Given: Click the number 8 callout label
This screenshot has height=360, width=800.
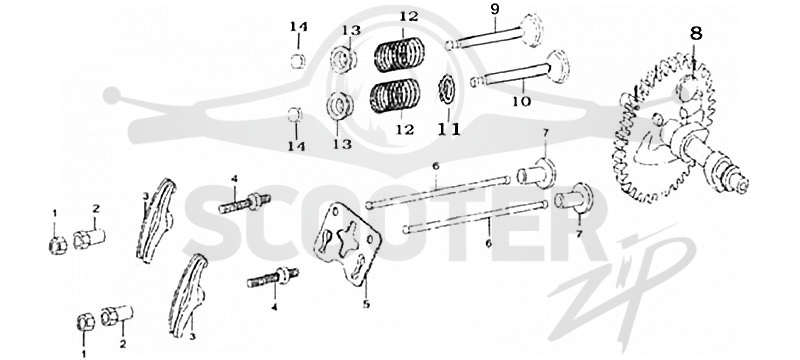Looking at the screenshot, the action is coord(696,34).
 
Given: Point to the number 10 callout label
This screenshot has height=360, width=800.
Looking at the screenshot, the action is coord(521,101).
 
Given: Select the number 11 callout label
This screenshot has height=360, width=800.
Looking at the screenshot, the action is coord(449,130).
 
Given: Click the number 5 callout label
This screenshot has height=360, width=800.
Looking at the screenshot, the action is coord(366,304).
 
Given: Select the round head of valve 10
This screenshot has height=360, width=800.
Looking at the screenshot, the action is coord(559,66).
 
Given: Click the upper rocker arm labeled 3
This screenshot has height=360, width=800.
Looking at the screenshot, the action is coord(157,220).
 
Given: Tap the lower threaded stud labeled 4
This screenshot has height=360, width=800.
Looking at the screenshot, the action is coord(273,278).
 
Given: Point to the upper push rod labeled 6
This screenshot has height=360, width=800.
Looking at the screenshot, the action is coord(438,191).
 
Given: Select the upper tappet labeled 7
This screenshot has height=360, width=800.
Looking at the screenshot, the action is coord(537,172).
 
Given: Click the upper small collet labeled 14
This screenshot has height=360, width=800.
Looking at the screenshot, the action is coord(298,61).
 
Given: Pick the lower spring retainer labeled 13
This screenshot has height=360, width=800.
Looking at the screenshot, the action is coord(340,105).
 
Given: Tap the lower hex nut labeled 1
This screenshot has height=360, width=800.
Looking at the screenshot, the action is coord(85,322).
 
